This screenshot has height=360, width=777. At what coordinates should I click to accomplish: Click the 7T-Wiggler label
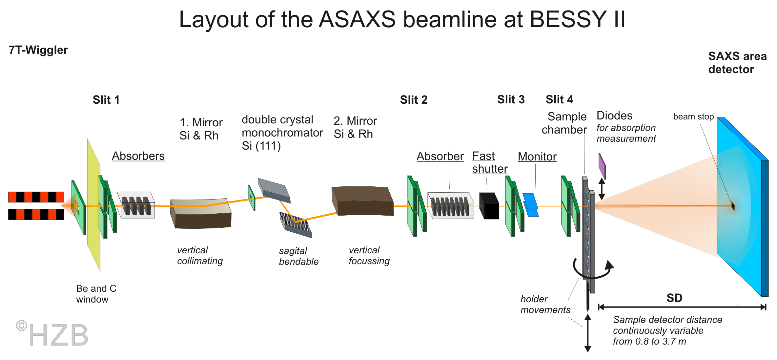coord(38,50)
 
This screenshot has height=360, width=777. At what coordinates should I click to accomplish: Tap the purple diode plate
coord(602,166)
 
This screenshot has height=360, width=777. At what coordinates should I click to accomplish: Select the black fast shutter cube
coord(489,206)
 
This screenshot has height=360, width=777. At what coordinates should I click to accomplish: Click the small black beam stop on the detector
coord(733,206)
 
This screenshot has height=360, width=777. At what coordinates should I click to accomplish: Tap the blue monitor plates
coord(530,205)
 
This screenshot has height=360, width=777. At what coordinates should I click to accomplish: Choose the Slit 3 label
coord(511,99)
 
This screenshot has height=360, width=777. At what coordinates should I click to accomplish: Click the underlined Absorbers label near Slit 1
coord(138,156)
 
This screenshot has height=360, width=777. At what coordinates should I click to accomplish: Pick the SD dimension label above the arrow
coord(674,298)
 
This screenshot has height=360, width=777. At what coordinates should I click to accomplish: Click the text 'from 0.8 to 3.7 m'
coord(649,341)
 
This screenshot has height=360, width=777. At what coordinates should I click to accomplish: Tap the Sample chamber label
coord(564,123)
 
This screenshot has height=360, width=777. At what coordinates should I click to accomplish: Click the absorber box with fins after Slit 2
coord(450,206)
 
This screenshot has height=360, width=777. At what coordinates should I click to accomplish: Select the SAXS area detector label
coord(737,63)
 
